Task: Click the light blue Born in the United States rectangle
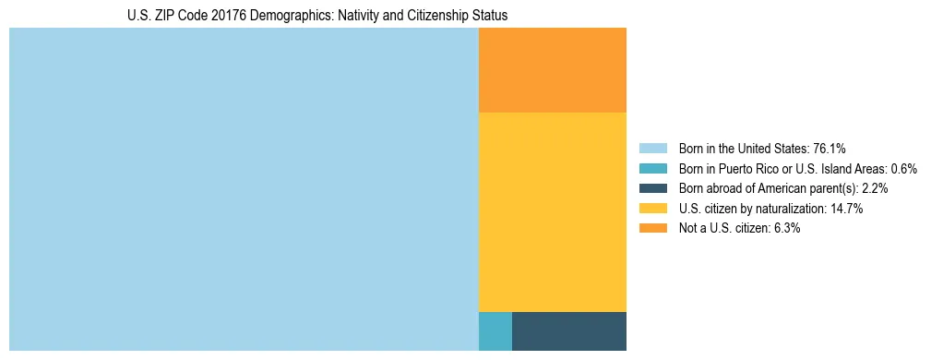point(244,189)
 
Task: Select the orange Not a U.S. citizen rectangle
point(553,70)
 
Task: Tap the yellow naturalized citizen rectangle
point(553,212)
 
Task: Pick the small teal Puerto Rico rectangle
point(495,331)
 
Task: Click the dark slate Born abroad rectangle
point(569,331)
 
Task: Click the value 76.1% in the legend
point(830,149)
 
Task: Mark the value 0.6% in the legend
point(903,169)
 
